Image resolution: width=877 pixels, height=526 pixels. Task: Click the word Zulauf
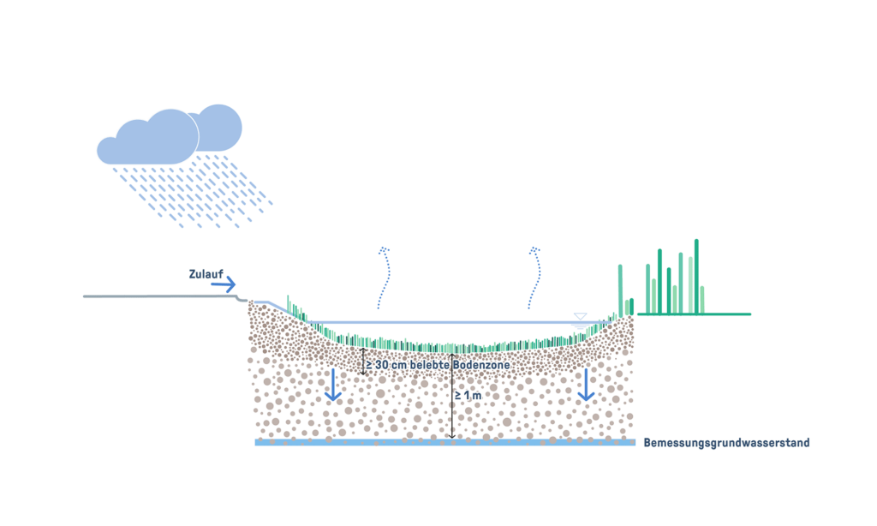click(206, 275)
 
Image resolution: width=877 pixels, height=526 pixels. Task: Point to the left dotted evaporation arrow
click(383, 278)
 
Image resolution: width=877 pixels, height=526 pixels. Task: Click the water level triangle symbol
click(580, 317)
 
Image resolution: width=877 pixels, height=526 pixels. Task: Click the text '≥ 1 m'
click(468, 396)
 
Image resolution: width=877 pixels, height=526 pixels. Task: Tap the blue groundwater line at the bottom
click(445, 443)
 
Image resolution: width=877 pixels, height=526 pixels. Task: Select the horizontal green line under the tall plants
click(694, 314)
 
